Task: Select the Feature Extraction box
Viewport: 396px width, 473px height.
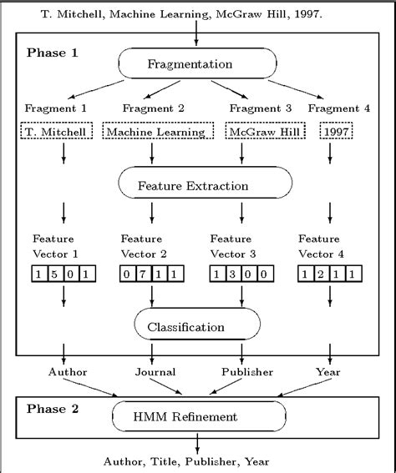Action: pyautogui.click(x=197, y=185)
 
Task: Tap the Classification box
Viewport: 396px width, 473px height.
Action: pyautogui.click(x=197, y=327)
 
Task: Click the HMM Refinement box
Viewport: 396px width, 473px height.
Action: pyautogui.click(x=197, y=415)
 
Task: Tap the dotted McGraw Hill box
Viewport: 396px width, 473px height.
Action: pyautogui.click(x=256, y=131)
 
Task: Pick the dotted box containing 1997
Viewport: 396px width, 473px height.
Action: pyautogui.click(x=338, y=131)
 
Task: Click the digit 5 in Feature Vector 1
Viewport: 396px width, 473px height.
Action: pyautogui.click(x=55, y=273)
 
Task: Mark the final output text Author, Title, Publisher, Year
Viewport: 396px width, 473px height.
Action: pyautogui.click(x=197, y=460)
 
